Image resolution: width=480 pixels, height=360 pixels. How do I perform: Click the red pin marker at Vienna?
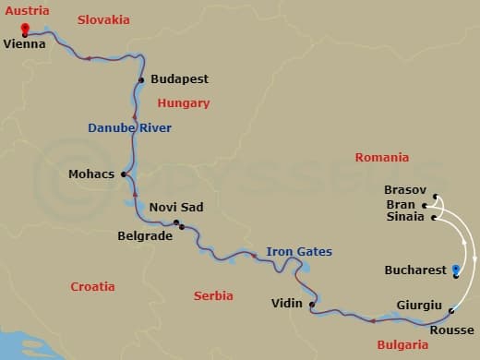click(x=24, y=29)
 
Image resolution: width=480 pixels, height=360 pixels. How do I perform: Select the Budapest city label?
click(x=178, y=79)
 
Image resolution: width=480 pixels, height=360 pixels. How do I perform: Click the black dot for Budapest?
click(x=141, y=80)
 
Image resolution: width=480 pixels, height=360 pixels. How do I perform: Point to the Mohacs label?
click(x=91, y=174)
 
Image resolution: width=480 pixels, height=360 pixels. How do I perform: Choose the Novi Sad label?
click(x=175, y=208)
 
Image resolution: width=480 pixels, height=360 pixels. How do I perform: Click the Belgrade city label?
click(x=145, y=236)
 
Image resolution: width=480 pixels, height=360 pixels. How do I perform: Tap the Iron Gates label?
click(x=298, y=251)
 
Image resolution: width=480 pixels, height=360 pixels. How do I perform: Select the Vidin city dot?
click(x=312, y=305)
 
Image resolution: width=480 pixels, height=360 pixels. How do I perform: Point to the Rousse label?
click(x=452, y=330)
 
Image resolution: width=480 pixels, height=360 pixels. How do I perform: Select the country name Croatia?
click(x=93, y=287)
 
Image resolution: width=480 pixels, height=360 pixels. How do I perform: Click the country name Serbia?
click(x=213, y=296)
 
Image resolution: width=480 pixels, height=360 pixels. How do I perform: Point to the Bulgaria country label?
click(x=403, y=344)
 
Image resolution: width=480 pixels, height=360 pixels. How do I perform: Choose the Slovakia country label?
click(x=103, y=19)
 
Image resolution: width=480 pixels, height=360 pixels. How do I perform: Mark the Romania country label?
click(x=381, y=158)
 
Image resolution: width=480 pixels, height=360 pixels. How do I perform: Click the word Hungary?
click(x=184, y=103)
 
